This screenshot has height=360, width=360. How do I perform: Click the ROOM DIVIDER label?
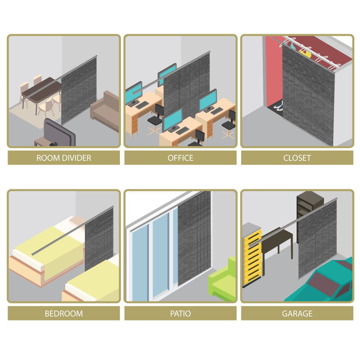(64, 158)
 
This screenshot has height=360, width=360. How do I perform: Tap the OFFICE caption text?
(180, 158)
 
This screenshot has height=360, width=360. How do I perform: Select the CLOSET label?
(297, 158)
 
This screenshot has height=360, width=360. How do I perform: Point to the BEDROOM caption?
(64, 313)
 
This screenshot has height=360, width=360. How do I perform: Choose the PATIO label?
(180, 313)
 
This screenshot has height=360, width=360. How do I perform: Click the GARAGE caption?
(297, 313)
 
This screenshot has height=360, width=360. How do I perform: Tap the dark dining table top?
(42, 90)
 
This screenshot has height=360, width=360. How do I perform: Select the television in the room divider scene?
(59, 133)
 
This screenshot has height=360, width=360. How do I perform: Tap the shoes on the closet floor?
(278, 106)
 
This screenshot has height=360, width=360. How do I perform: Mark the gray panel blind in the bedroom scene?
(99, 239)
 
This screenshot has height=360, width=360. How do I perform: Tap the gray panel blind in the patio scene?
(194, 238)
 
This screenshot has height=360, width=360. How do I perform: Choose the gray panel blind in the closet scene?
(308, 94)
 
